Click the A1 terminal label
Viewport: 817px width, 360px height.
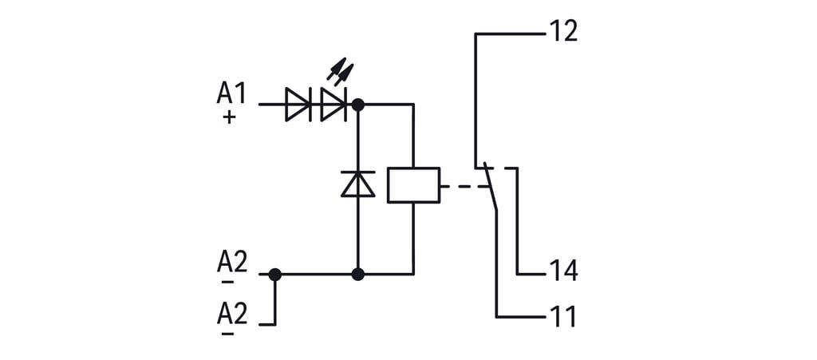(231, 93)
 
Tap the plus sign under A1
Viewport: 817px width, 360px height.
(229, 117)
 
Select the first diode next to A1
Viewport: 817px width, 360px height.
(298, 105)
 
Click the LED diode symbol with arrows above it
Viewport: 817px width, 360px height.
(333, 105)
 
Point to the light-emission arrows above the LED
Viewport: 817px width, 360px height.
(341, 71)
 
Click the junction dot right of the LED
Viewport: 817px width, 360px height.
(358, 105)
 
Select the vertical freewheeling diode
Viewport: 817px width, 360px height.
(358, 184)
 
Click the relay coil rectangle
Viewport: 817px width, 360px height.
(413, 185)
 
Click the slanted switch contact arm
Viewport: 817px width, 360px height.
(490, 187)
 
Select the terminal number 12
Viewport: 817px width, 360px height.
(562, 33)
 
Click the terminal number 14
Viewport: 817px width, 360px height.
(562, 271)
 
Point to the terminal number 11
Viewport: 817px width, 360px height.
(562, 317)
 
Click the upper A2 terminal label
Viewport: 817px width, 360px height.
(232, 262)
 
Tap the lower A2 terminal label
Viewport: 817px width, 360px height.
(232, 314)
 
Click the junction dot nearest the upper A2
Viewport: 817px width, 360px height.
(275, 275)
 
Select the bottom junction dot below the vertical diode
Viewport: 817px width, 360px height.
(358, 275)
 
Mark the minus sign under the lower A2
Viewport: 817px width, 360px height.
(228, 333)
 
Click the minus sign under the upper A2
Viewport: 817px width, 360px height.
(228, 282)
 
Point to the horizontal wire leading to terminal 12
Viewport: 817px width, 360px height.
(511, 34)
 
